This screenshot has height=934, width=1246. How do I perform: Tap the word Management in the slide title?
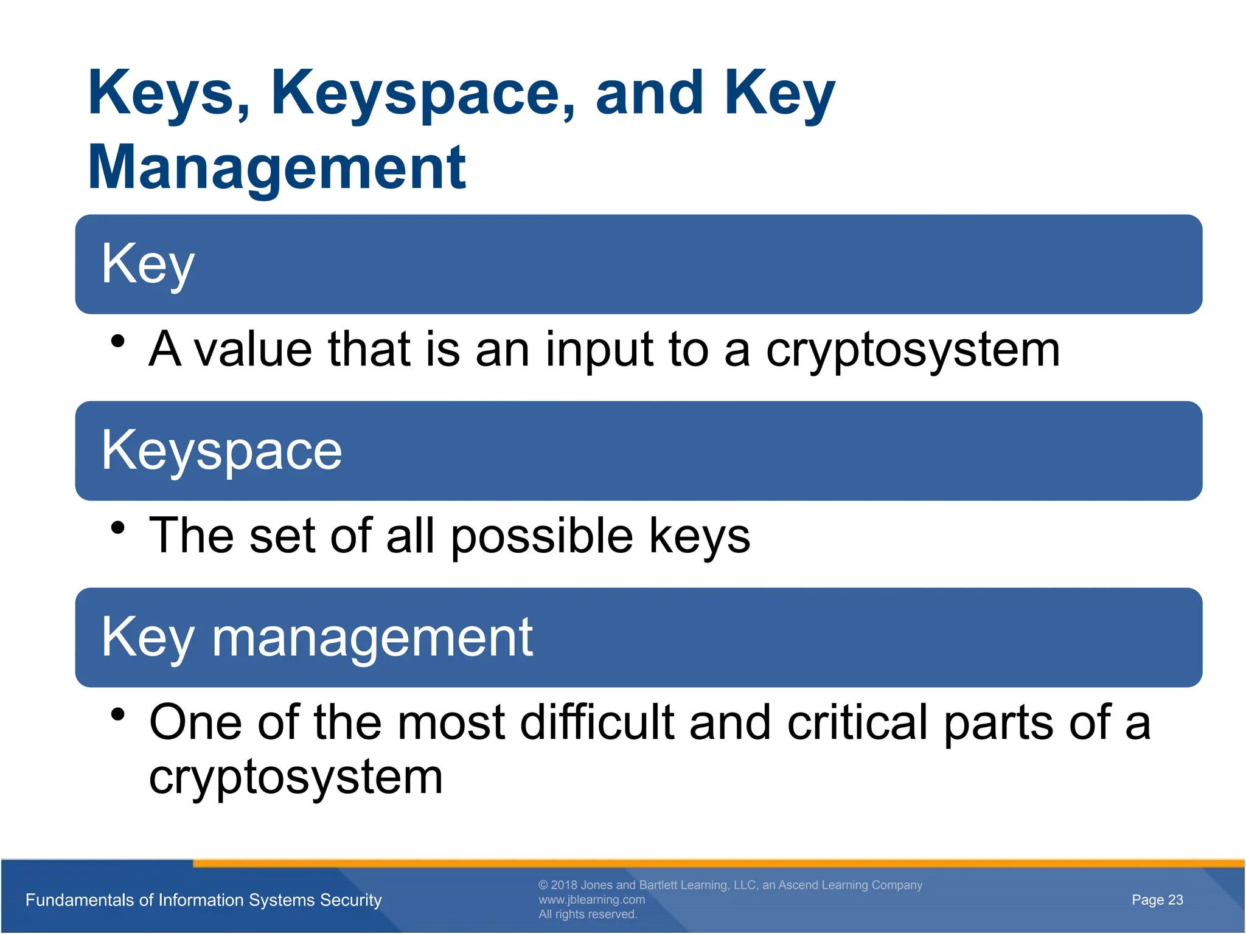[x=277, y=167]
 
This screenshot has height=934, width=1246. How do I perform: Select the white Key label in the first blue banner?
[x=148, y=264]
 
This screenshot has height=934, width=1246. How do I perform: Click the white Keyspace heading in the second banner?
[x=221, y=451]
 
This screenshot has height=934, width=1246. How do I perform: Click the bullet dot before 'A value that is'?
[x=118, y=341]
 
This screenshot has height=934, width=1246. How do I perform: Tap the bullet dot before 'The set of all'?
[x=118, y=528]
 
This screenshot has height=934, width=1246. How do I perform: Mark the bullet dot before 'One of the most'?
[x=118, y=714]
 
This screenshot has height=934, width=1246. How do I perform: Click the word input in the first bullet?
[x=599, y=350]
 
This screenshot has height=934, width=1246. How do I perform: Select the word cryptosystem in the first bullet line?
[x=913, y=350]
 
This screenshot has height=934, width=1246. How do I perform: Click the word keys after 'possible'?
[x=699, y=536]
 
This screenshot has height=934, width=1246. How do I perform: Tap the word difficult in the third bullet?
[x=597, y=722]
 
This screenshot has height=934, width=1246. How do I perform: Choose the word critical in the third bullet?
[x=858, y=722]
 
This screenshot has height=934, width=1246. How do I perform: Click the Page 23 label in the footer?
[x=1157, y=900]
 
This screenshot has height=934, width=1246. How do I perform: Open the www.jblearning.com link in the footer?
[x=591, y=899]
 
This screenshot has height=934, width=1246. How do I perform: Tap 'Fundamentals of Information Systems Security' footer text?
[x=203, y=900]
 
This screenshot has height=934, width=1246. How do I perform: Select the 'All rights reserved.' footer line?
[x=588, y=915]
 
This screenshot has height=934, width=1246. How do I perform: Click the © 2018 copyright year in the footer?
[x=563, y=885]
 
